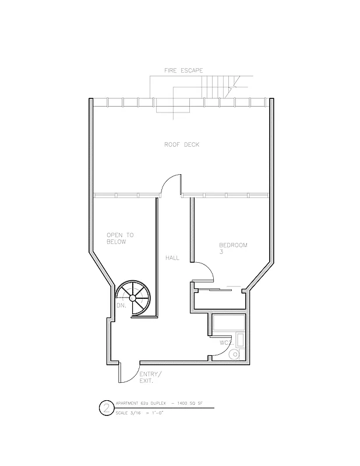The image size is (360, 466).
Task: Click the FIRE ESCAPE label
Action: (x=183, y=70)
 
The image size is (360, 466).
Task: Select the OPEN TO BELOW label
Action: (x=120, y=238)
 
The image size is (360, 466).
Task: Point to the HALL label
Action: (x=172, y=257)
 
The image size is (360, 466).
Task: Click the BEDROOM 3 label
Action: (x=233, y=248)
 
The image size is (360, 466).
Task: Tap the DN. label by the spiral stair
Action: (x=122, y=305)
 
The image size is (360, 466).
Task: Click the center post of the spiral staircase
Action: (x=133, y=298)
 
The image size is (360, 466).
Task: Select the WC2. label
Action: (x=226, y=343)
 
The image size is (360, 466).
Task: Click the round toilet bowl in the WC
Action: (x=235, y=353)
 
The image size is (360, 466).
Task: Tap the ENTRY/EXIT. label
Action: (x=151, y=377)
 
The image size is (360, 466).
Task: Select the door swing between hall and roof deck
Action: (x=171, y=184)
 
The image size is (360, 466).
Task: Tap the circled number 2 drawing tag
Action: (x=106, y=408)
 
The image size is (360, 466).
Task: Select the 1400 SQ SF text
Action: (x=187, y=403)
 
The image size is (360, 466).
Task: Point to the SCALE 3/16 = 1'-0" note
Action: (x=142, y=412)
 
